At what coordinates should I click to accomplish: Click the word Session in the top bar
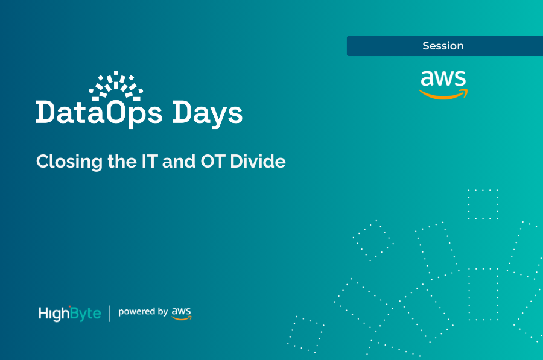point(443,46)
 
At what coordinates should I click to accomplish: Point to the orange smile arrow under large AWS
point(444,94)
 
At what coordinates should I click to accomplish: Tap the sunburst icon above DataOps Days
point(116,85)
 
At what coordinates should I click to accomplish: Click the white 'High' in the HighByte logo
point(52,314)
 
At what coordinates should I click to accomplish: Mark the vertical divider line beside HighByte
point(110,313)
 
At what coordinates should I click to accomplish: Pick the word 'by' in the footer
point(162,312)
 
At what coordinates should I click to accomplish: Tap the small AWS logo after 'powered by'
point(181,312)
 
